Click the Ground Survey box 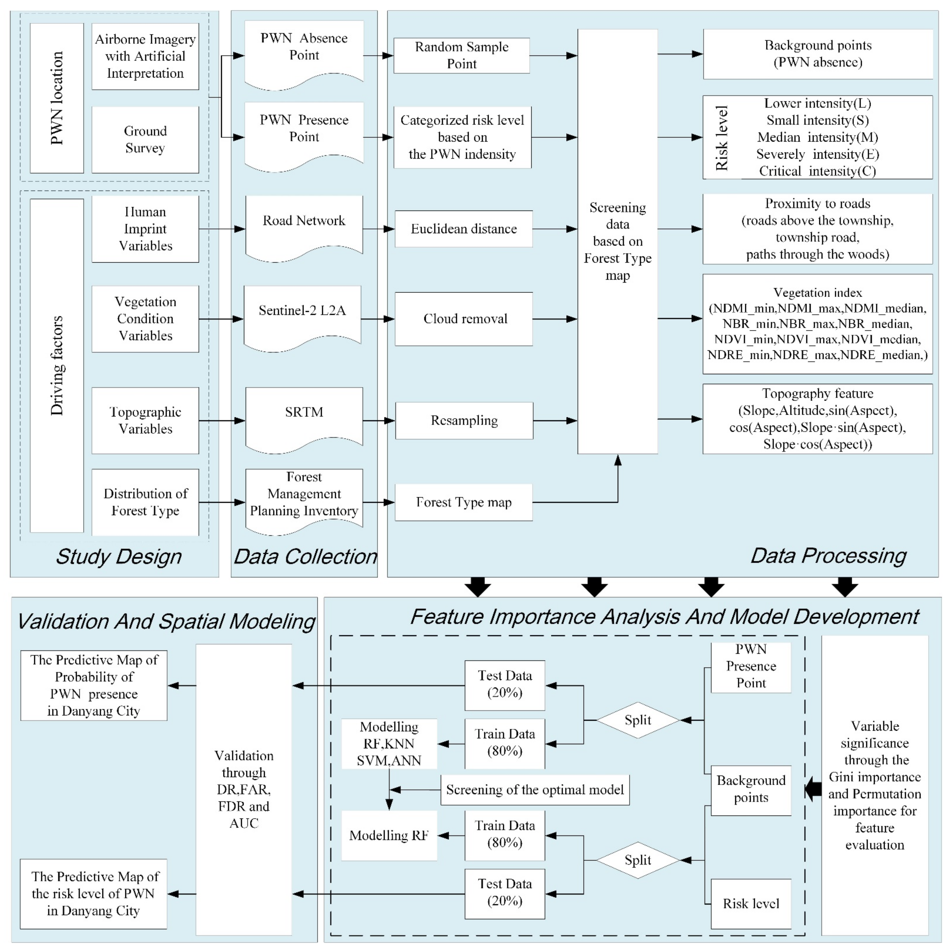coord(145,139)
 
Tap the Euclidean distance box coord(463,229)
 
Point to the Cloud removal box coord(463,319)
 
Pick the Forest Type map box coord(463,502)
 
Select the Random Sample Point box coord(461,55)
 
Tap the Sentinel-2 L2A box coord(302,315)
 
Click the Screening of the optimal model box coord(535,789)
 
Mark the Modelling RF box coord(389,835)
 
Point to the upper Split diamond coord(638,720)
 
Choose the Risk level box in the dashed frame coord(751,903)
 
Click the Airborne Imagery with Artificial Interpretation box coord(145,56)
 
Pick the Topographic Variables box coord(145,420)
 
